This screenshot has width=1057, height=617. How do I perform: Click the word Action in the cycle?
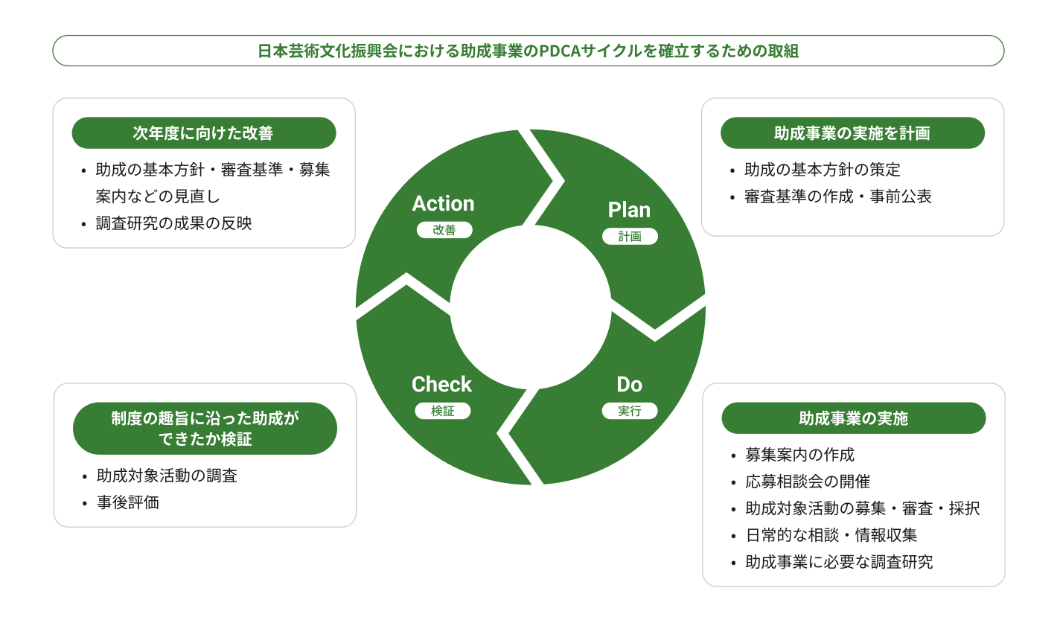point(443,203)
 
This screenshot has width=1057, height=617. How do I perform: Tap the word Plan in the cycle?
point(629,210)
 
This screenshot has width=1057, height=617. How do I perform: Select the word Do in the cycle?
point(629,384)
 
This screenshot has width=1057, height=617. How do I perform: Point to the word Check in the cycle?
point(441,384)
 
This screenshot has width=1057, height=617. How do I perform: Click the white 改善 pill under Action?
point(444,231)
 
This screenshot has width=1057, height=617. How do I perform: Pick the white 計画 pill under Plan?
point(630,237)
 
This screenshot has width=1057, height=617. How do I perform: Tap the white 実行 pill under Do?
point(629,411)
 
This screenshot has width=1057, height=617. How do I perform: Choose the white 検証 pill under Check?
point(442,411)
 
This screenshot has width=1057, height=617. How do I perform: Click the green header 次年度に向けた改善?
point(203,133)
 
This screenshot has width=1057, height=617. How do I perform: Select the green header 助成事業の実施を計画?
point(852,133)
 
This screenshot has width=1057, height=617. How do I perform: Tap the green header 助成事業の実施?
point(853,418)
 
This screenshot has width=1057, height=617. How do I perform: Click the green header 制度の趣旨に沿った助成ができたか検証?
point(205,429)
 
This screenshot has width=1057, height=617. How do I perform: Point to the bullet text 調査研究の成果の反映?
point(174,223)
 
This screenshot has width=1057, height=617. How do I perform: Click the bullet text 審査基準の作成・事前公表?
point(838,197)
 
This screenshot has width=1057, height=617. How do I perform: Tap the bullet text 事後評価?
point(128,502)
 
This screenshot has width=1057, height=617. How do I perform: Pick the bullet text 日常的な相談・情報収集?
point(831,535)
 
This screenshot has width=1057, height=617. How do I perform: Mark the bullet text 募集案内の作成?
point(800,455)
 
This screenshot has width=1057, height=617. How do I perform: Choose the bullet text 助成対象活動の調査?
point(167,476)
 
